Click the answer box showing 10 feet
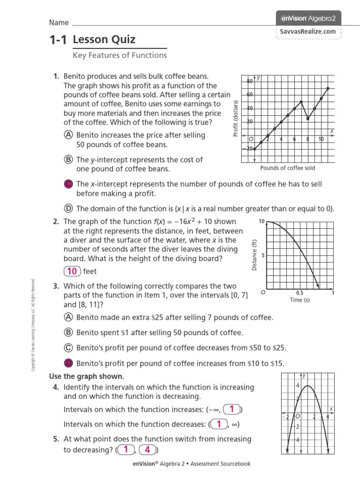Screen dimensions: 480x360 pyautogui.click(x=72, y=271)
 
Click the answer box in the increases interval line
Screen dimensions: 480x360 pyautogui.click(x=232, y=409)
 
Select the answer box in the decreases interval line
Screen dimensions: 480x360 pyautogui.click(x=218, y=425)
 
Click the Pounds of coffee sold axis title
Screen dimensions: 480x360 pyautogui.click(x=287, y=168)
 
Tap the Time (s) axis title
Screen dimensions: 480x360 pyautogui.click(x=299, y=300)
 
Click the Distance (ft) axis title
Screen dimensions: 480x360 pyautogui.click(x=255, y=255)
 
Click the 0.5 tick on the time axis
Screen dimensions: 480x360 pyautogui.click(x=300, y=293)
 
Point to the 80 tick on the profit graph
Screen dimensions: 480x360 pyautogui.click(x=250, y=81)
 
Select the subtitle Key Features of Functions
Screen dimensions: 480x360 pyautogui.click(x=120, y=55)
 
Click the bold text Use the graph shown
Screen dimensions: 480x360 pyautogui.click(x=87, y=376)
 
